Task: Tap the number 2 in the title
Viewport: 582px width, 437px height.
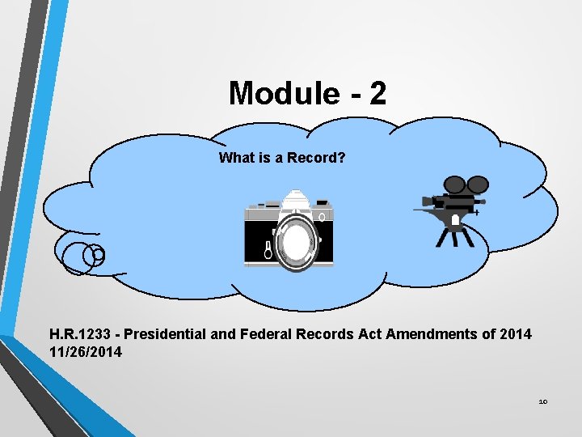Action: click(x=377, y=94)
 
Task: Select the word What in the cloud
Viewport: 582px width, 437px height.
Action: click(x=236, y=158)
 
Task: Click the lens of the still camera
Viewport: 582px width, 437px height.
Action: click(x=297, y=240)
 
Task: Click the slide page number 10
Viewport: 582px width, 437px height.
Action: click(x=542, y=401)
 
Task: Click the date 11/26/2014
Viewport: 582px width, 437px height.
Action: click(x=86, y=351)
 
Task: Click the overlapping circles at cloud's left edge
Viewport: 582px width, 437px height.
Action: click(x=83, y=256)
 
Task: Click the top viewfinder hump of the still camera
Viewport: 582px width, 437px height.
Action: click(x=297, y=198)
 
